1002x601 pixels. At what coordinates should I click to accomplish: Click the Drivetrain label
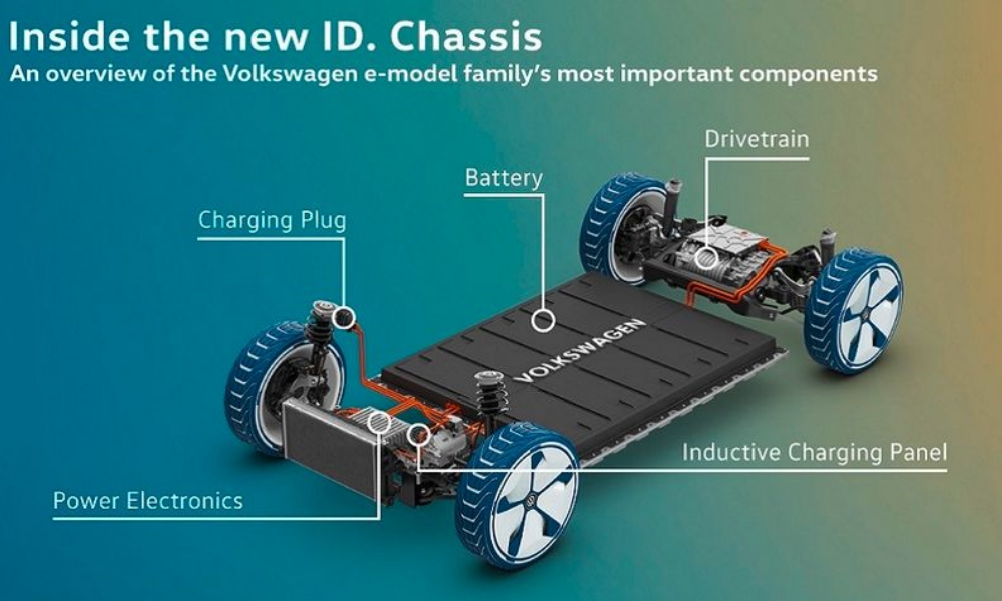[x=757, y=139]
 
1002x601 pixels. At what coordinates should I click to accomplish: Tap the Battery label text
[x=504, y=178]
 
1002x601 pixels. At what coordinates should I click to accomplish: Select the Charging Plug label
[x=272, y=220]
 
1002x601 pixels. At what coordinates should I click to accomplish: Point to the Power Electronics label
[x=148, y=500]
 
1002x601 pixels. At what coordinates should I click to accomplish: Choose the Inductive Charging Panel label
[x=815, y=452]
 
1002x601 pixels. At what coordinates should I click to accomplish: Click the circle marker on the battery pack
[x=543, y=320]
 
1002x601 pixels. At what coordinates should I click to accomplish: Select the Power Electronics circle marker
[x=379, y=422]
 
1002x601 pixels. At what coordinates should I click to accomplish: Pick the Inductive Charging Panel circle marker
[x=418, y=434]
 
